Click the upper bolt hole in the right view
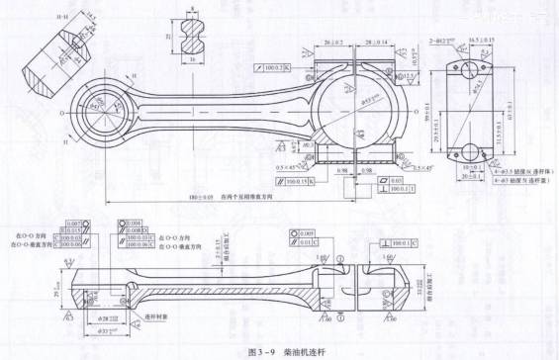tap(464, 69)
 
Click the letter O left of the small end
tap(63, 113)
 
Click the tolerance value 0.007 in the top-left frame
tap(74, 225)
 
